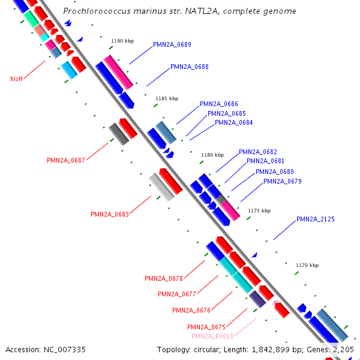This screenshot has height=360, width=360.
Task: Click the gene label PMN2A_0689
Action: [172, 44]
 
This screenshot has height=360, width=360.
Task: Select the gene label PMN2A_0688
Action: [190, 67]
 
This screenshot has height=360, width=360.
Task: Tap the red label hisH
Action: [16, 79]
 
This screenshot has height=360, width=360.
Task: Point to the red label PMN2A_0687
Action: [66, 160]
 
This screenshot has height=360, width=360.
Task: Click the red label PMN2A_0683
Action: [110, 214]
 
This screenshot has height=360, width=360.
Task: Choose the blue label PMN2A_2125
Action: [316, 220]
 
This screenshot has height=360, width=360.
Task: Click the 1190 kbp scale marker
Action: [122, 41]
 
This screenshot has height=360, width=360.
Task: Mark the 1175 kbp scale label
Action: [259, 211]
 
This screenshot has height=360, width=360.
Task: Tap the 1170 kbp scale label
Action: [307, 265]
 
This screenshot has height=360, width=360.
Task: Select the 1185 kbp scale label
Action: [167, 98]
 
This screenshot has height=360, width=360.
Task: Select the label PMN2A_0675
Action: [206, 327]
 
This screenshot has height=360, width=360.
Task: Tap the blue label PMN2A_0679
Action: [283, 181]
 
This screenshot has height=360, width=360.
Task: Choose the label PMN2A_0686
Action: [219, 104]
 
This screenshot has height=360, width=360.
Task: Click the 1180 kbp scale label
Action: [212, 155]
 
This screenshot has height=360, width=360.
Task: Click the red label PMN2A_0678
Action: [164, 278]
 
